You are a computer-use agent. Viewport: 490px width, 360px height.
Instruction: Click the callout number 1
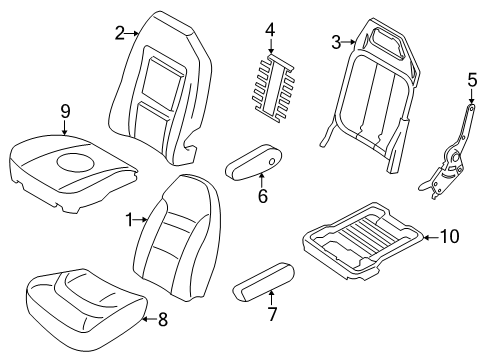pos(129,220)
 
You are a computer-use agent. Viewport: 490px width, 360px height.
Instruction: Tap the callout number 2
pos(120,33)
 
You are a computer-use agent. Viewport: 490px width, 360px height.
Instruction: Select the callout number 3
pos(336,42)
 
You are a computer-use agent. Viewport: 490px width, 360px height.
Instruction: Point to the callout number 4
pos(270,30)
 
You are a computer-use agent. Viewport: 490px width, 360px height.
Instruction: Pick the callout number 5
pos(472,80)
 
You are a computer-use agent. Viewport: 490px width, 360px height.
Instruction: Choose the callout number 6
pos(263,196)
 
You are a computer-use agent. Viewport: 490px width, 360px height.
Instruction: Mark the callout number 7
pos(272,314)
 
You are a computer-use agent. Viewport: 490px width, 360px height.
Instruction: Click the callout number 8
pos(162,319)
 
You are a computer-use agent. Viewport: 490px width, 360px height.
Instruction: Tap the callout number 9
pos(65,111)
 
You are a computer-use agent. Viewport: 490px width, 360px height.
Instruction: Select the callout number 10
pos(449,237)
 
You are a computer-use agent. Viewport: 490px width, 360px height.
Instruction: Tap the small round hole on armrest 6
pos(272,162)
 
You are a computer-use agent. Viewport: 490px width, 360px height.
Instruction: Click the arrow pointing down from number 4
pos(271,46)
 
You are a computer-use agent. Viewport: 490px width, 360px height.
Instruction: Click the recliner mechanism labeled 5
pos(447,152)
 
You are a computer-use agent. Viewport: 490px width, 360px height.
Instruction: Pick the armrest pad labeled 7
pos(264,282)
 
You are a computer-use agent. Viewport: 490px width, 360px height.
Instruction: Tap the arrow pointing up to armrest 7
pos(271,298)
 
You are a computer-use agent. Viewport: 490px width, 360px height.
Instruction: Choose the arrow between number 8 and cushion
pos(149,319)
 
